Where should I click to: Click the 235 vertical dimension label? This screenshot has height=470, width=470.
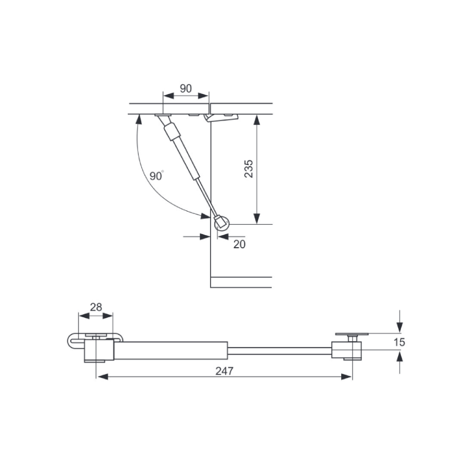pos(249,169)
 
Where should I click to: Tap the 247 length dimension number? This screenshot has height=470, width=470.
pos(224,371)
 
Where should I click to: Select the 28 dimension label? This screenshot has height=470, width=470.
pos(96,307)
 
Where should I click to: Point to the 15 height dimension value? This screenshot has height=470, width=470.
pos(399,342)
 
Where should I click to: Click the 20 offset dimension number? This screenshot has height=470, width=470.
pos(239,244)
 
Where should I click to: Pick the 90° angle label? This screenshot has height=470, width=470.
pos(157,176)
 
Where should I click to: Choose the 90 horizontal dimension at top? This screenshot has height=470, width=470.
pos(186,88)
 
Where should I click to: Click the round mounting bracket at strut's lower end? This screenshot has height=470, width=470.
pos(222,223)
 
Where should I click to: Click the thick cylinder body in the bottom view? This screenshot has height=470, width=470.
pos(171,350)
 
